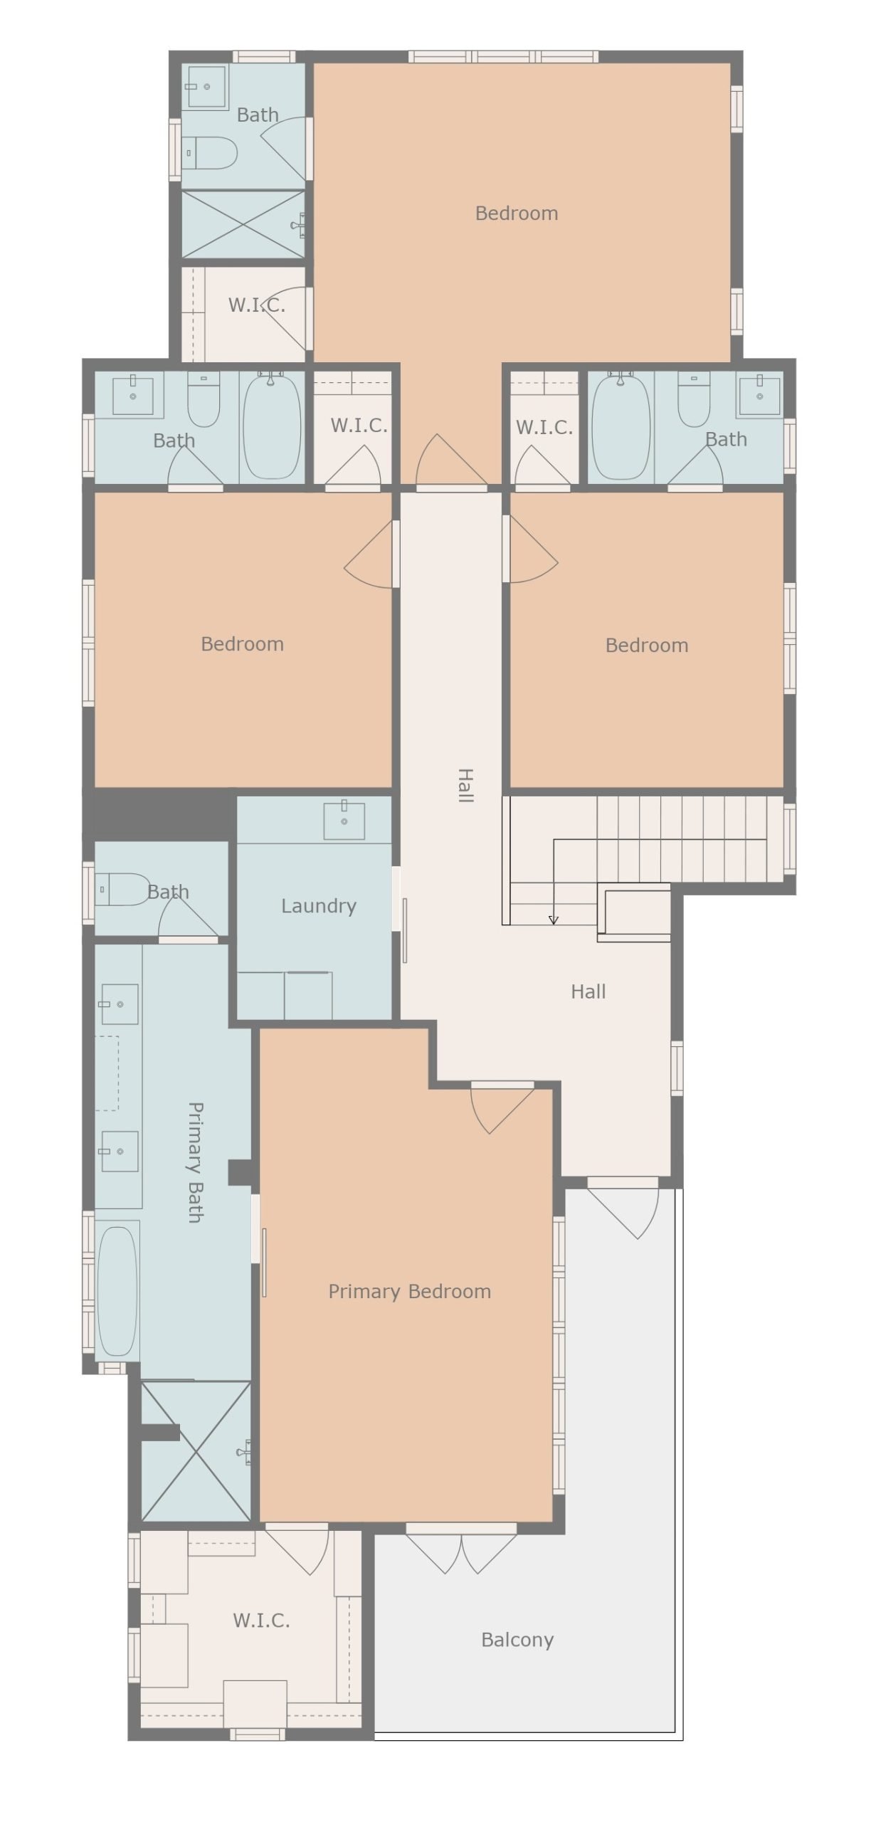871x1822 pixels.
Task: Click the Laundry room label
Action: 318,906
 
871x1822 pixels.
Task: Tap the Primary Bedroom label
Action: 409,1292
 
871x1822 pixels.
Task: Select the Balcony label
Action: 517,1640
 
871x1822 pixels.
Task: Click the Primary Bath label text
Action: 195,1162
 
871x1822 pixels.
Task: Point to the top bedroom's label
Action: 517,214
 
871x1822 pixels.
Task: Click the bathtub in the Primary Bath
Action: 117,1288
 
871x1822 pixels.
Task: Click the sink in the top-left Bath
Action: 206,86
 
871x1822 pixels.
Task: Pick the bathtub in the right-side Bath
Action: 621,426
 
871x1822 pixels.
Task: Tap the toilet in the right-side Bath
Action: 695,399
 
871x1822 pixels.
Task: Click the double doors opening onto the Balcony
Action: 461,1547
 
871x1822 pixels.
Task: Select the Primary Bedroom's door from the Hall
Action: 502,1107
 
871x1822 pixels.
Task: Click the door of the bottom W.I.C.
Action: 297,1548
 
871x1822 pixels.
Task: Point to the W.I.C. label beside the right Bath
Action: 544,428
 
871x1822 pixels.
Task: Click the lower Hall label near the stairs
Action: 588,992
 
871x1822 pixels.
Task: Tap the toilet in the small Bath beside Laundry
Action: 122,890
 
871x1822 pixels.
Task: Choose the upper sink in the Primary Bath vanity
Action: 119,1004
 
